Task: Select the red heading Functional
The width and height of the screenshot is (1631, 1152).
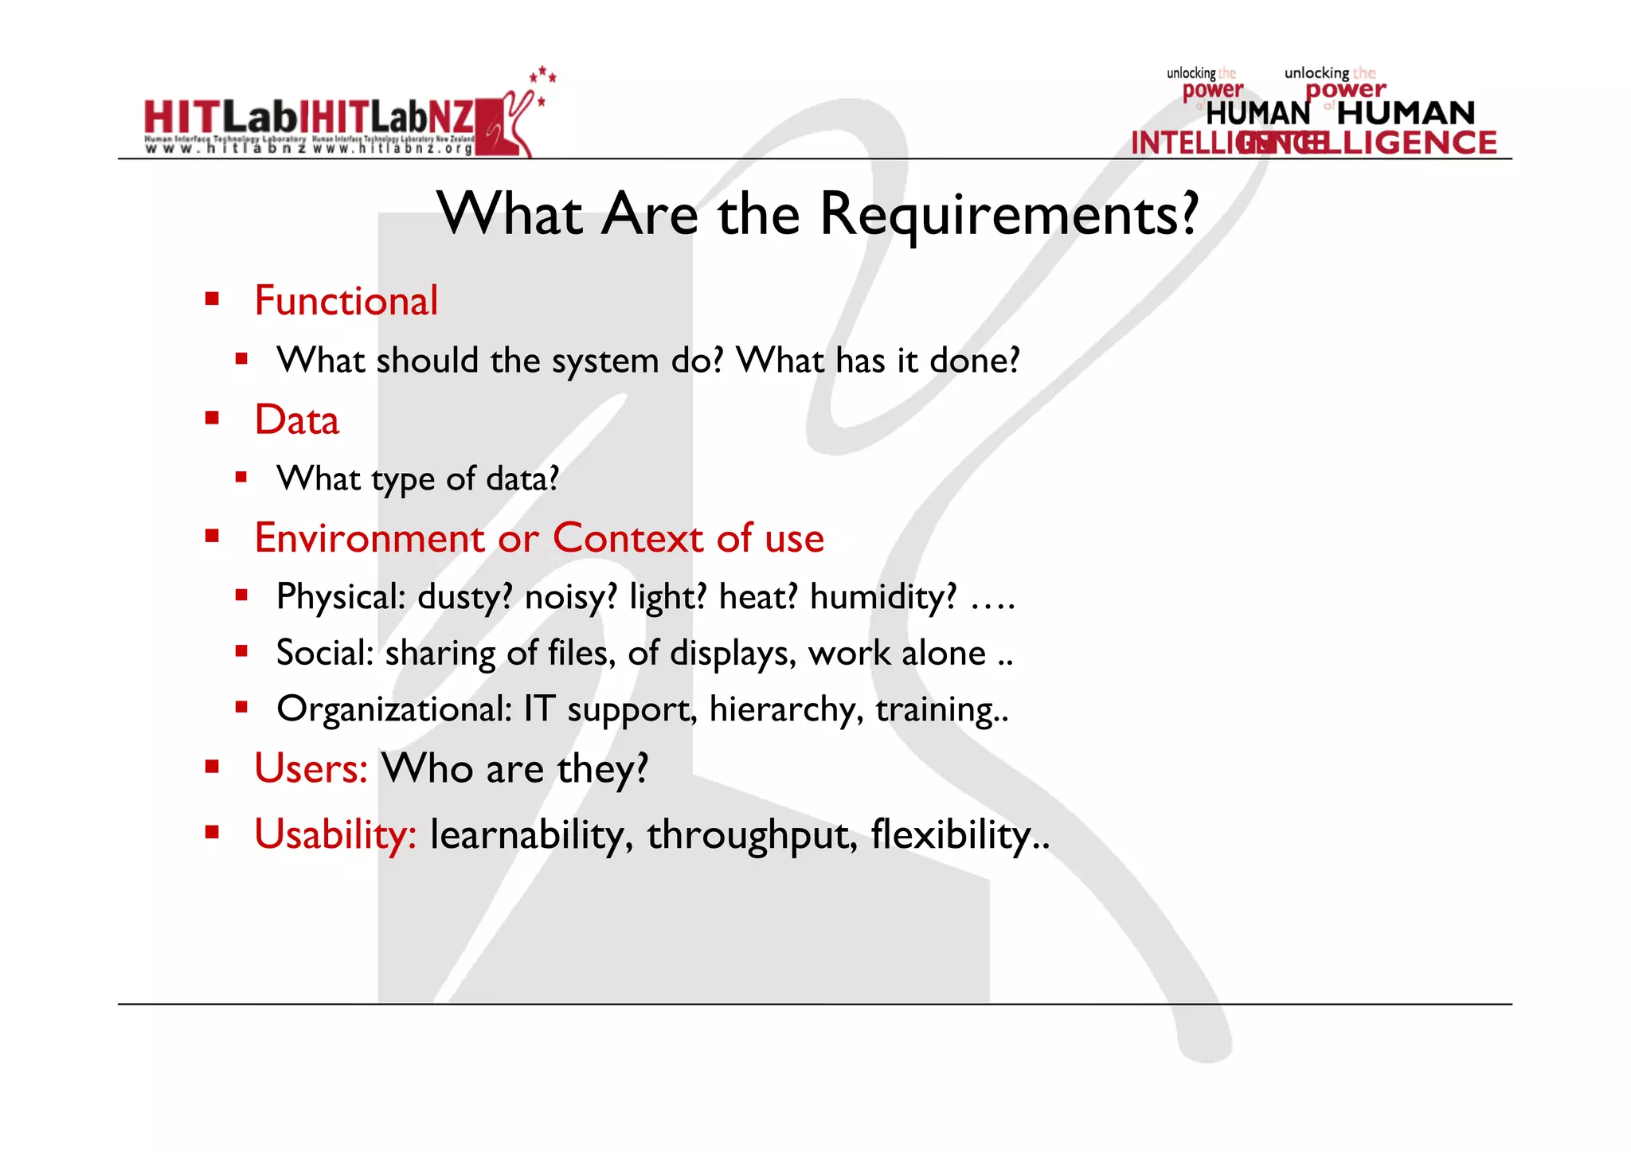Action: coord(346,301)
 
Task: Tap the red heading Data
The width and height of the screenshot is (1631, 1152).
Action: coord(296,420)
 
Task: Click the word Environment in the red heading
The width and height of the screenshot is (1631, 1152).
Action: coord(370,538)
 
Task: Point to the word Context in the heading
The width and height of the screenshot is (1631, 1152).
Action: coord(628,538)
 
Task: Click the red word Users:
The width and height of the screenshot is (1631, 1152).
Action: coord(311,769)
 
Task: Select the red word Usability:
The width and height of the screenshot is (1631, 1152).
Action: coord(335,834)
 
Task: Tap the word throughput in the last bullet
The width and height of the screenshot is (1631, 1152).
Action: coord(752,835)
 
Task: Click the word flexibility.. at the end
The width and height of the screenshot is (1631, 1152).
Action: coord(960,835)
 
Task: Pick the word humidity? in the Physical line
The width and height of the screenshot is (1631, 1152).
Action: coord(882,597)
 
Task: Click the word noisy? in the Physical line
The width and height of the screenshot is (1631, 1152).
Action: coord(570,597)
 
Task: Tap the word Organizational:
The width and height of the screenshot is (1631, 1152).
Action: coord(394,709)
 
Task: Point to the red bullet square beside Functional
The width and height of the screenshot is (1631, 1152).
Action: coord(212,299)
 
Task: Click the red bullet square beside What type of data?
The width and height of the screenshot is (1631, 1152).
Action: coord(241,478)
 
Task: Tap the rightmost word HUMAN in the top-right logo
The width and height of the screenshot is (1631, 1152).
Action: coord(1406,113)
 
